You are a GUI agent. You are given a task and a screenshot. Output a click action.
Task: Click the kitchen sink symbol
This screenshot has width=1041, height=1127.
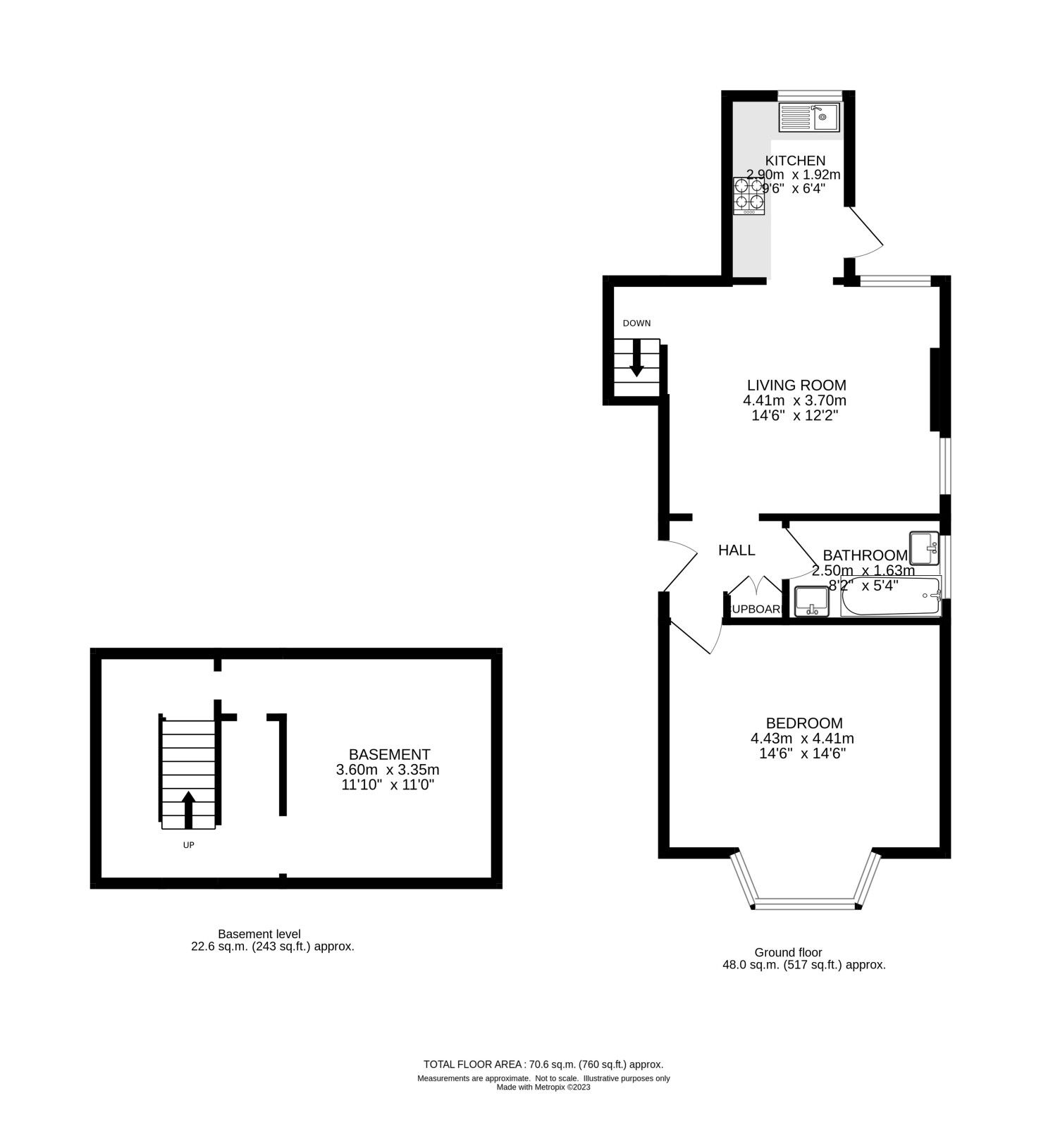pyautogui.click(x=808, y=117)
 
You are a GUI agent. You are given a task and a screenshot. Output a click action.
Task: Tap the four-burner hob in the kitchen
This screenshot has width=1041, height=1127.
pyautogui.click(x=749, y=195)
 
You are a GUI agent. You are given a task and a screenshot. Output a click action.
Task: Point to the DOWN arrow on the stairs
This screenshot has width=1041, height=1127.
pyautogui.click(x=636, y=357)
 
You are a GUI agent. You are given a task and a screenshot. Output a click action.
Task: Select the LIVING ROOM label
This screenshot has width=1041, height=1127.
pyautogui.click(x=796, y=386)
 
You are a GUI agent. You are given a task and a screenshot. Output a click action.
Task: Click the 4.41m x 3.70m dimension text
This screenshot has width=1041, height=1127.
pyautogui.click(x=794, y=400)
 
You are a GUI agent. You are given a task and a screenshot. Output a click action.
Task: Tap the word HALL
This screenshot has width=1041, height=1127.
pyautogui.click(x=737, y=550)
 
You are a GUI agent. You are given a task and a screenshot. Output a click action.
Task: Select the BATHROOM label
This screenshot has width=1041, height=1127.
pyautogui.click(x=865, y=555)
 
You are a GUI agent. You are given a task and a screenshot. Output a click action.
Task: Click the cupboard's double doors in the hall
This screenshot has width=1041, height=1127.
pyautogui.click(x=755, y=587)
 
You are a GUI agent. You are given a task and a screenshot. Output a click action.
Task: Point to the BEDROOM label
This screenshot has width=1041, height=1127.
pyautogui.click(x=803, y=723)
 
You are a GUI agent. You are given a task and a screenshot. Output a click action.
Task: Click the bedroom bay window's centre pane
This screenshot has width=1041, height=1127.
pyautogui.click(x=805, y=904)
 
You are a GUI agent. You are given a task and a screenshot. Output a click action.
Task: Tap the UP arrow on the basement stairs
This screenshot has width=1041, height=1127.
pyautogui.click(x=188, y=808)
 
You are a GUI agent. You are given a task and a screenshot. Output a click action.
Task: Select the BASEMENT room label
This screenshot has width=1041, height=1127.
pyautogui.click(x=389, y=754)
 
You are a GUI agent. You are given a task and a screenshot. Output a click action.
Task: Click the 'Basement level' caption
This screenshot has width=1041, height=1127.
pyautogui.click(x=259, y=934)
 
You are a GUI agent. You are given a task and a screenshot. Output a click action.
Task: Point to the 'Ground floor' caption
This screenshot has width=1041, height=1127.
pyautogui.click(x=788, y=952)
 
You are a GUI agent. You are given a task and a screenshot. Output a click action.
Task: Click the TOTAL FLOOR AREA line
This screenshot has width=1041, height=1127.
pyautogui.click(x=543, y=1064)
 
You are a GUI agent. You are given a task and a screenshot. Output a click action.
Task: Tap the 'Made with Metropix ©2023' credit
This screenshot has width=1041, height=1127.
pyautogui.click(x=543, y=1087)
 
